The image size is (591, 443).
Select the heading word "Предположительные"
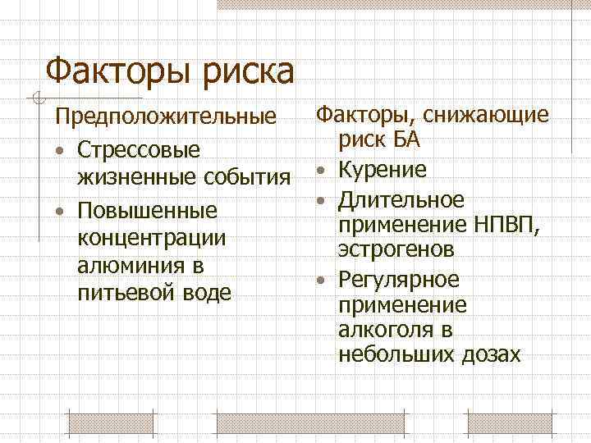(x=165, y=116)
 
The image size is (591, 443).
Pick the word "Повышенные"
(x=146, y=211)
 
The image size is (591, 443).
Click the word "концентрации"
(x=150, y=238)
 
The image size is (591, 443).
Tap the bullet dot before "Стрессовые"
(x=60, y=152)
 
